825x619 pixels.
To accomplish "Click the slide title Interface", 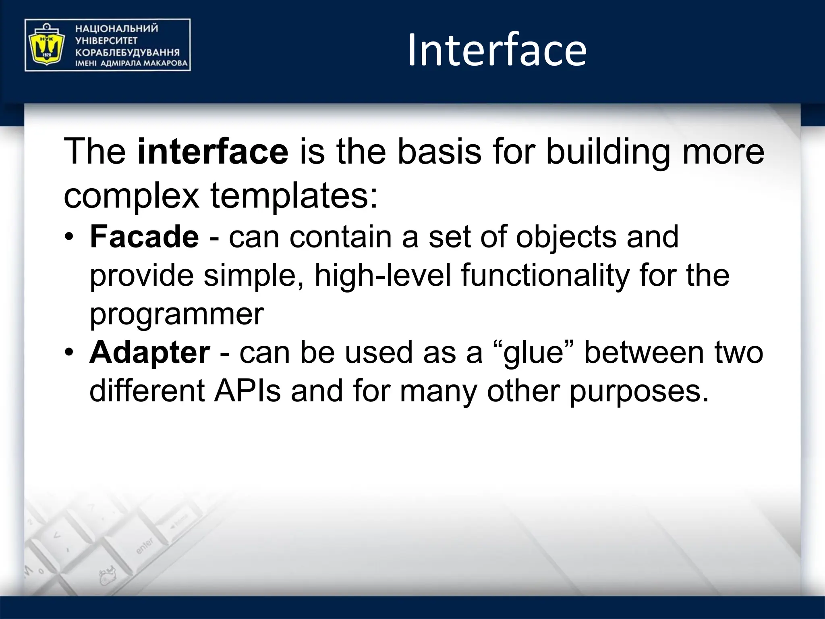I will tap(497, 50).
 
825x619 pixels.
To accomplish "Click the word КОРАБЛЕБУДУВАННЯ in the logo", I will tap(127, 52).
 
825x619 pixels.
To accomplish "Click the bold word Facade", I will tap(144, 237).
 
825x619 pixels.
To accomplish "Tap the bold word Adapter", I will tap(149, 352).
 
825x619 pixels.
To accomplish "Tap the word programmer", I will tap(176, 314).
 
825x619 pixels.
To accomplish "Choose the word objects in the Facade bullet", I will tap(566, 237).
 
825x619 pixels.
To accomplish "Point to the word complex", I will tap(132, 196).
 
